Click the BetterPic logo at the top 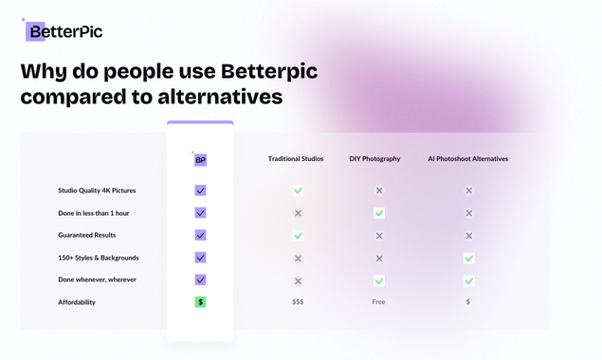pos(64,32)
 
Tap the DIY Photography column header pos(375,159)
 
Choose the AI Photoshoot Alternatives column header pos(468,159)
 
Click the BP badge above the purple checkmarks pos(200,160)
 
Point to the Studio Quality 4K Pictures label pos(97,190)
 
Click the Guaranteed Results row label pos(87,235)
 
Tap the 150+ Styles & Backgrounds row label pos(99,258)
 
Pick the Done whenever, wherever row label pos(98,279)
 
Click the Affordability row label pos(77,302)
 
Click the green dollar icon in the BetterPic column pos(200,301)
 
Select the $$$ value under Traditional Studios pos(298,302)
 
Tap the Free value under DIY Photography pos(379,302)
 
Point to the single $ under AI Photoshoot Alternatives pos(468,302)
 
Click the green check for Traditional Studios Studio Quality pos(298,190)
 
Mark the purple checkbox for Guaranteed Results pos(200,235)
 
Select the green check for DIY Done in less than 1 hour pos(379,213)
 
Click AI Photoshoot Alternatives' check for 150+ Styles pos(468,258)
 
